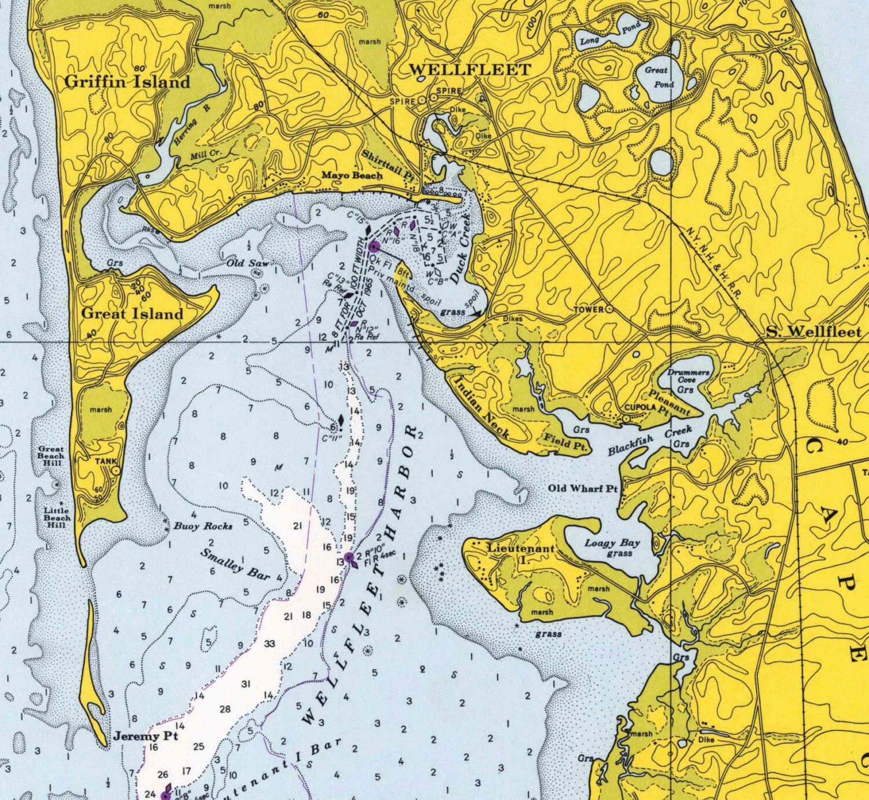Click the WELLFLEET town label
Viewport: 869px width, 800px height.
[x=470, y=70]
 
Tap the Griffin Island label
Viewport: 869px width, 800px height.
[x=127, y=82]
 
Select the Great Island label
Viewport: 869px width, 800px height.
[x=132, y=313]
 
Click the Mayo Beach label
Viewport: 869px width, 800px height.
[x=352, y=175]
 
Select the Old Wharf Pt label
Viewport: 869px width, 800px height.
[x=583, y=488]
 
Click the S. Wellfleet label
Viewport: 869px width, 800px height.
[x=813, y=332]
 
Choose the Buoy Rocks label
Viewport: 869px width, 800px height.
[x=203, y=526]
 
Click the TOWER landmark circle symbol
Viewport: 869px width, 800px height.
[x=609, y=309]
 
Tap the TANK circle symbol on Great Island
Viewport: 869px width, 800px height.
[x=116, y=471]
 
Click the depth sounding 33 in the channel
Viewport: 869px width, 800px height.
[x=269, y=644]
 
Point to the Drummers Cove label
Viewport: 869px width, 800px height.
[x=688, y=376]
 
